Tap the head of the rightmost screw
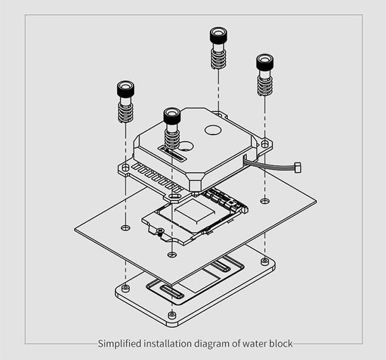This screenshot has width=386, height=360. point(265,63)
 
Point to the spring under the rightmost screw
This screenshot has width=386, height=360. point(265,85)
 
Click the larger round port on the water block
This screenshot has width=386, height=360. point(213,131)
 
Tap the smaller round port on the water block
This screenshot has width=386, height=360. point(186,146)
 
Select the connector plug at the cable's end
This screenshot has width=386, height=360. point(298,167)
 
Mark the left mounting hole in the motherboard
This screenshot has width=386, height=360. point(125,228)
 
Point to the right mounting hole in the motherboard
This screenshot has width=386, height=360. point(265,201)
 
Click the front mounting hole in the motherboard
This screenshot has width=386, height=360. point(172,254)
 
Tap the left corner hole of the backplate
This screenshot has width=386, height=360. point(125,287)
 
